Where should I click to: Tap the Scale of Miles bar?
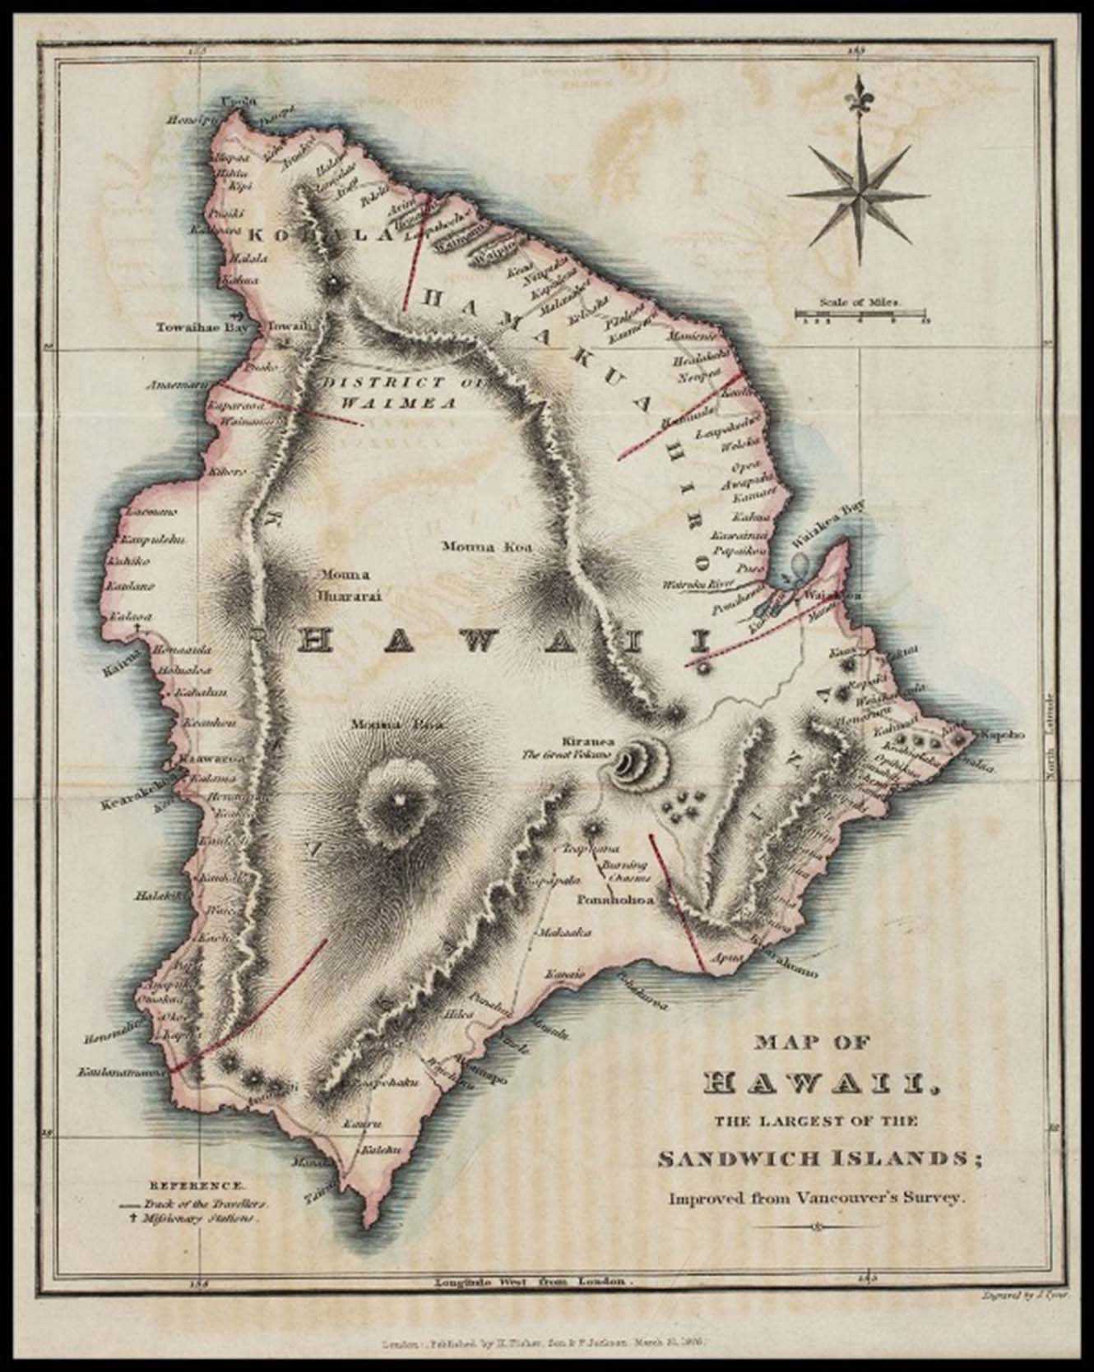860,313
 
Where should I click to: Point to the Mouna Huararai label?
339,583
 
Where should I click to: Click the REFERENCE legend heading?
196,1186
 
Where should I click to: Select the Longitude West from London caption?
535,1281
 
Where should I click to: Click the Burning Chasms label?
623,872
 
